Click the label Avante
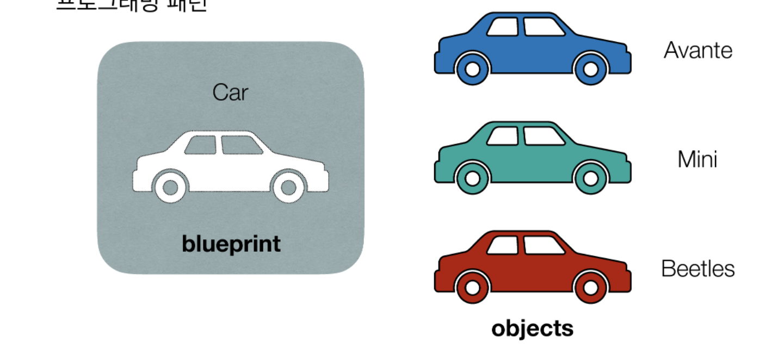tap(697, 51)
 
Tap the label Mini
tap(697, 159)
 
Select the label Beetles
tap(697, 269)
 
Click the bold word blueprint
tap(231, 244)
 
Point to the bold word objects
tap(532, 328)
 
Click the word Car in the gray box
tap(230, 92)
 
